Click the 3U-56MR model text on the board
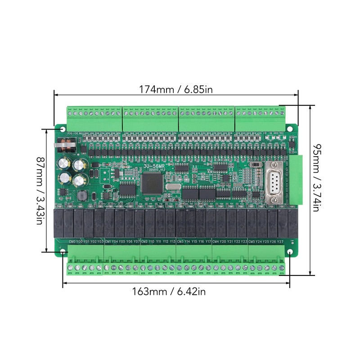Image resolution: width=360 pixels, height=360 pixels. (155, 166)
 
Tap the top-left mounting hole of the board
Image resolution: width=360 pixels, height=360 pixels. (62, 129)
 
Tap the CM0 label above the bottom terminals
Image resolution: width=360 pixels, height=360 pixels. (72, 242)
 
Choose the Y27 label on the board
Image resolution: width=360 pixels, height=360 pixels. (280, 242)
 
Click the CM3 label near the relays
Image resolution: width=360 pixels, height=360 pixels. (180, 242)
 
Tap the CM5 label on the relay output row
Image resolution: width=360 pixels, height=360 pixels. (252, 242)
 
